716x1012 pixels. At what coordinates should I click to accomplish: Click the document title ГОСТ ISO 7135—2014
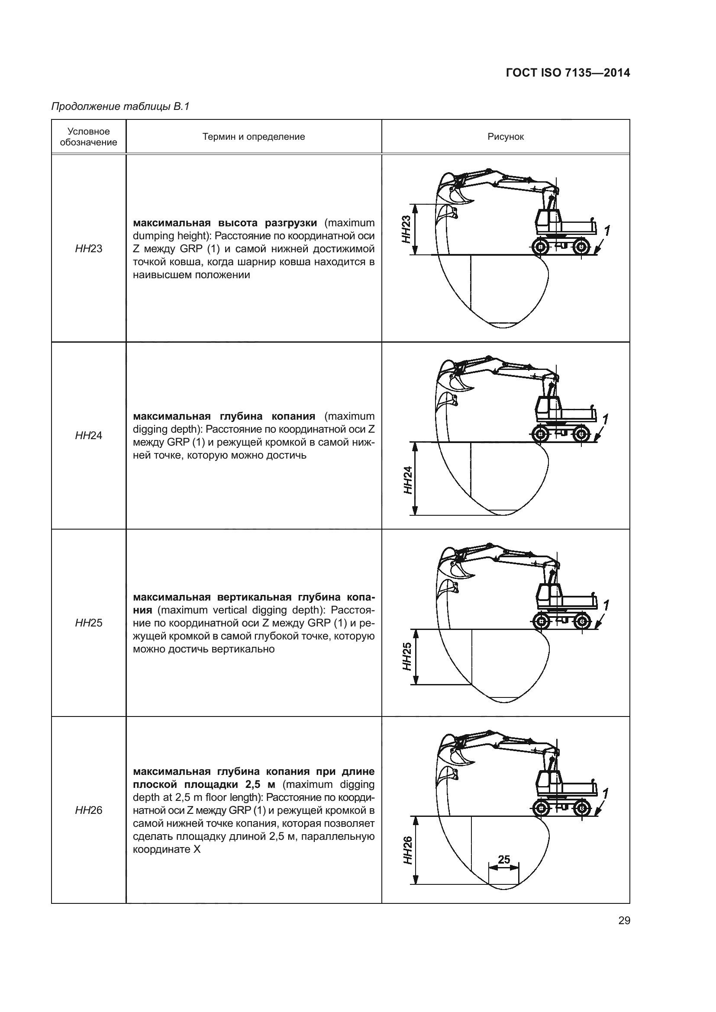568,73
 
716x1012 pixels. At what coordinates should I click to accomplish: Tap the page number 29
624,921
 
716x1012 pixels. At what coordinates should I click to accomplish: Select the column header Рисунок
505,137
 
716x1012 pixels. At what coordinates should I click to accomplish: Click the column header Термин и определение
254,137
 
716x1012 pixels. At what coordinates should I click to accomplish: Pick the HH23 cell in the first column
89,249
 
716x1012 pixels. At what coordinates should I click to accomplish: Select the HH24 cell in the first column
89,436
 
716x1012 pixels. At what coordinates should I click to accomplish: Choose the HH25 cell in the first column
89,623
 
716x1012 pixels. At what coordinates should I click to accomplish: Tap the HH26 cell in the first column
89,810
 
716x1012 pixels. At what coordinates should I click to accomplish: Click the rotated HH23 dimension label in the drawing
406,229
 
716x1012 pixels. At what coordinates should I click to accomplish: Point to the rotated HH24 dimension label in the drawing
408,479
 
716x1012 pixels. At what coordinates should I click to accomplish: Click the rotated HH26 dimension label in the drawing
408,850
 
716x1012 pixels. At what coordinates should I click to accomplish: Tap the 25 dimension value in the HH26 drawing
504,859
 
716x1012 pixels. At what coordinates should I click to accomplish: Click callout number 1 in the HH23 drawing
607,231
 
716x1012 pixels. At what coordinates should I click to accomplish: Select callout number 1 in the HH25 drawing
606,605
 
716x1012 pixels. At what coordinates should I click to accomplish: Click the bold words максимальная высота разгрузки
225,222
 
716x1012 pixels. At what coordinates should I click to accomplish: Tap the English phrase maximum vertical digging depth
242,610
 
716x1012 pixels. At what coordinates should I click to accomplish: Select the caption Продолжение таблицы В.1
120,106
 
